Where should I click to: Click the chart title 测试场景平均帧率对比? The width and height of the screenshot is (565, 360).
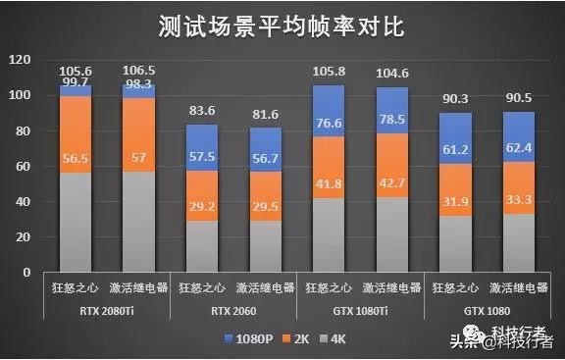(x=282, y=26)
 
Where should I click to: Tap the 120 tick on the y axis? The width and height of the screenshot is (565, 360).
(x=20, y=60)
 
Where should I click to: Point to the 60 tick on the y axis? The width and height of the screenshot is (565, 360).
(x=23, y=167)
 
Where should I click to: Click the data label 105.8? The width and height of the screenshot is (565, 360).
(x=328, y=72)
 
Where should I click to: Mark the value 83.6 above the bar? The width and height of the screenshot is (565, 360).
(x=202, y=110)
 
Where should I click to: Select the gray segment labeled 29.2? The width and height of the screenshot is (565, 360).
(x=202, y=246)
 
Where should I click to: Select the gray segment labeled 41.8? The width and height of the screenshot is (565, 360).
(x=328, y=235)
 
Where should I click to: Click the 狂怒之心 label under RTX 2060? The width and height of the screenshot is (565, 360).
(x=202, y=289)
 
